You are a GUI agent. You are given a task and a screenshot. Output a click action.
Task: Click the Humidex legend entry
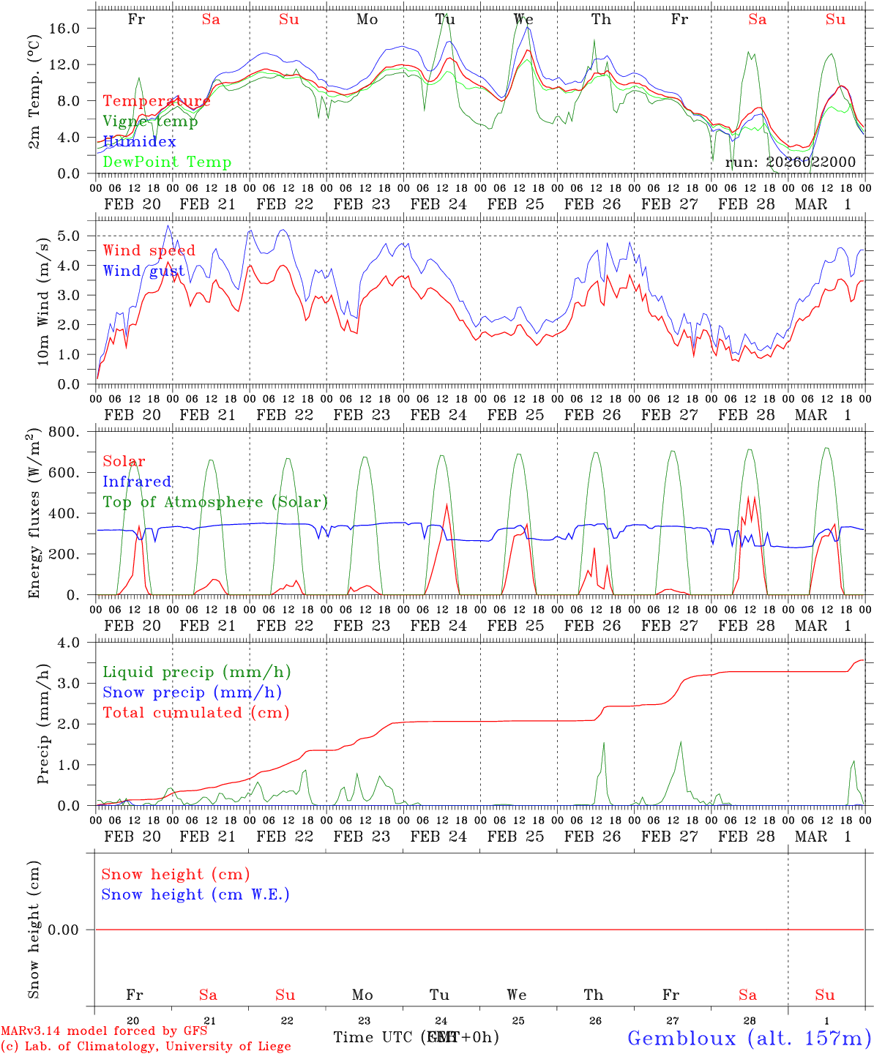pos(139,142)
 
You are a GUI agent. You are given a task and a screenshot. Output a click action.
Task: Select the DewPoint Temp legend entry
pos(167,162)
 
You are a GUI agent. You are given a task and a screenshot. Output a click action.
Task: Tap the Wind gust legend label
pos(143,271)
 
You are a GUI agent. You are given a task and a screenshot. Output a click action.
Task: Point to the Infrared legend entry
pos(137,482)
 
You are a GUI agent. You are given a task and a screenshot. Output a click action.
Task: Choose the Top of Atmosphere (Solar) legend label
pos(215,502)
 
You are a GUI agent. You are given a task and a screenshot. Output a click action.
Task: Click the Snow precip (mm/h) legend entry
pos(193,692)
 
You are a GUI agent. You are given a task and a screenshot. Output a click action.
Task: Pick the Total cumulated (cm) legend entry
pos(196,713)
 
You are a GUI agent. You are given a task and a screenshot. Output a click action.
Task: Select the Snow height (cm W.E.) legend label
pos(195,894)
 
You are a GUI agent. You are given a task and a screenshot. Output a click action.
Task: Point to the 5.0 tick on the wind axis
pos(77,236)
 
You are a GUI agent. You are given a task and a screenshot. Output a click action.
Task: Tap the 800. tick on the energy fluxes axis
pos(66,432)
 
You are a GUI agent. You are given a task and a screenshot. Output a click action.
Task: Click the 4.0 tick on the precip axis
pos(77,643)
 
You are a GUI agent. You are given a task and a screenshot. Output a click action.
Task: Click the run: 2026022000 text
pos(790,162)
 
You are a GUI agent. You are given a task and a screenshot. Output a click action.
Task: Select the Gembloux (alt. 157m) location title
pos(749,1038)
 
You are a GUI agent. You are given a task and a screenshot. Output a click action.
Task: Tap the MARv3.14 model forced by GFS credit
pos(103,1031)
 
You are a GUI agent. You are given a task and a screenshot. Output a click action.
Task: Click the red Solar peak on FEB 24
pos(447,504)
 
